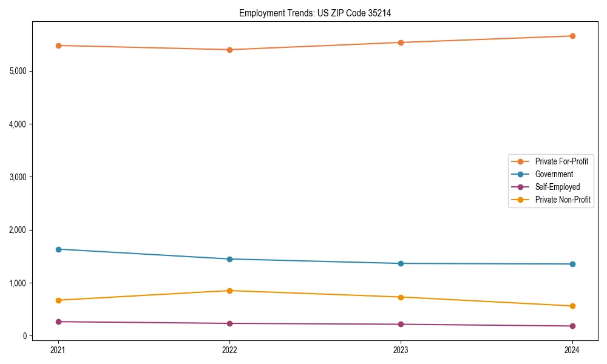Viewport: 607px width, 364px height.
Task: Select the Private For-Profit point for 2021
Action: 58,45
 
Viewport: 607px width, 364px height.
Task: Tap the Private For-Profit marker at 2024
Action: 572,36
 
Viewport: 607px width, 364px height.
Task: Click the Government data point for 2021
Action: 58,249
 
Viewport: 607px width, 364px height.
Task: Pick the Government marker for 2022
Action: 229,259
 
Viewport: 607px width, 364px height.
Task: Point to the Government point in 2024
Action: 572,264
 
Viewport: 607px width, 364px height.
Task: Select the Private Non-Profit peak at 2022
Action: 229,291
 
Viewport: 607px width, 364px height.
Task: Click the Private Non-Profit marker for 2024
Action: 572,306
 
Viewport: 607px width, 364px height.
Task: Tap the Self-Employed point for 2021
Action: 58,322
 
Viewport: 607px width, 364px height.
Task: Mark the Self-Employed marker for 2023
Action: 401,324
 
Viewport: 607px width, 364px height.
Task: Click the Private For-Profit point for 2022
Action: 229,50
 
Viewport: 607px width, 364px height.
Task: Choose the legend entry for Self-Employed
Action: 557,187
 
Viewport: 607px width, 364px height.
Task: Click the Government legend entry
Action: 554,174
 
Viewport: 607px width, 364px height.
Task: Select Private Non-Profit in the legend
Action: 563,200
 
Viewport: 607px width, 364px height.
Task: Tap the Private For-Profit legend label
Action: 561,161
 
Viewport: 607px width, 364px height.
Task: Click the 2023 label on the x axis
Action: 401,349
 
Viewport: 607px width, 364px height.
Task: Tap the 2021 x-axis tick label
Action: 58,349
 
